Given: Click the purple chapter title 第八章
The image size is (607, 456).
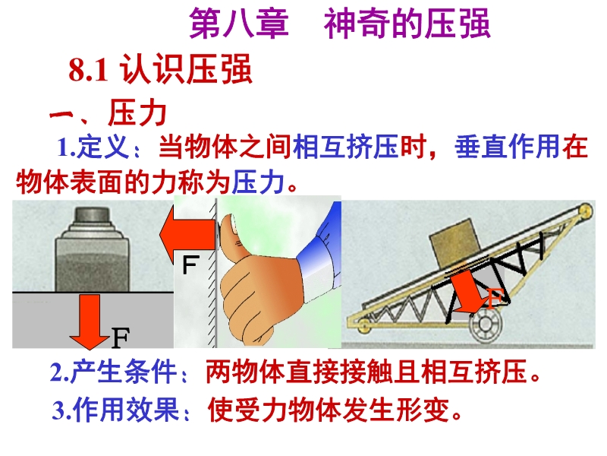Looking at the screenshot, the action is click(x=240, y=24).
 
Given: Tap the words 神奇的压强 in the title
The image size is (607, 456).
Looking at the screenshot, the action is click(x=407, y=24).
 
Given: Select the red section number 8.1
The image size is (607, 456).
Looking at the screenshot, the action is click(x=88, y=71).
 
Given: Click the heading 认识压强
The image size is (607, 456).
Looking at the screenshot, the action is click(x=187, y=69).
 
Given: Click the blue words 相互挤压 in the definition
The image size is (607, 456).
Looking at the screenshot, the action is click(x=346, y=147).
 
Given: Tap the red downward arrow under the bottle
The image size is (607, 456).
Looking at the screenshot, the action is click(x=90, y=321).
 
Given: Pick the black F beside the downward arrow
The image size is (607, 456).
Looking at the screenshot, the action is click(x=121, y=337).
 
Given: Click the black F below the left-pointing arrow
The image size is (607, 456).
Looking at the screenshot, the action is click(x=190, y=264).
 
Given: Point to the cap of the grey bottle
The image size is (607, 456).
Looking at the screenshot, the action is click(x=92, y=215).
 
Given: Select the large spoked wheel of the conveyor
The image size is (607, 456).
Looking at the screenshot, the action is click(x=485, y=324).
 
